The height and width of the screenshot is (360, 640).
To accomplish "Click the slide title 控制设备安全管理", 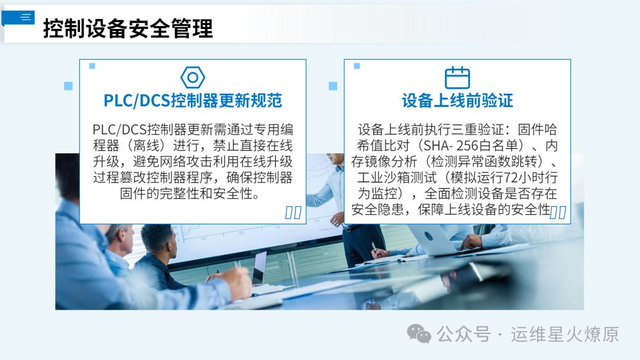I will click(127, 28).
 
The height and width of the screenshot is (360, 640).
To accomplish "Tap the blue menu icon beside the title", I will click(25, 17).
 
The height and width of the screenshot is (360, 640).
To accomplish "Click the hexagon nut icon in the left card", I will click(193, 78).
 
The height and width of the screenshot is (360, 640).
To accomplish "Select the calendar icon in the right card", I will click(457, 78).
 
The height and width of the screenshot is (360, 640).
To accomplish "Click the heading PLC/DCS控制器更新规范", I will click(193, 100).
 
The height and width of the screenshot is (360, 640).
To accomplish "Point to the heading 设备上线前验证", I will click(457, 100).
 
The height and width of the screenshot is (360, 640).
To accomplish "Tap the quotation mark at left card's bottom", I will click(293, 213).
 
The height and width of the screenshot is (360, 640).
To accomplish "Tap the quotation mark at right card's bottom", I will click(558, 213).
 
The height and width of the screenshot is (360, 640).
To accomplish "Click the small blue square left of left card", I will click(68, 86).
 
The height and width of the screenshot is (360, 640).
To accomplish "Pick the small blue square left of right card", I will click(333, 86).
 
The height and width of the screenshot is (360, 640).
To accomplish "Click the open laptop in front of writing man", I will click(259, 269).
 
